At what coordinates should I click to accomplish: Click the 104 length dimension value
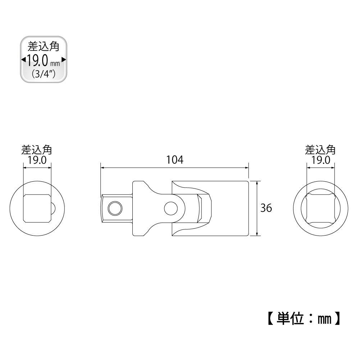coord(175,160)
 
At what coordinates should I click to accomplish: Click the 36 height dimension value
coord(266,208)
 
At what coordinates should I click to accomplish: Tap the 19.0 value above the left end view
coord(37,160)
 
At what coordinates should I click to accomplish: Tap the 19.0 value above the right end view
coord(321,160)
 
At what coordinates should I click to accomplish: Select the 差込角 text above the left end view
coord(37,150)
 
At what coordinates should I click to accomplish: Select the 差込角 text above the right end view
coord(320,150)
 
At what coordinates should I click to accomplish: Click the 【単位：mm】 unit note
coord(304,318)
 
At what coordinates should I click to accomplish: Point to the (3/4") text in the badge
coord(44,74)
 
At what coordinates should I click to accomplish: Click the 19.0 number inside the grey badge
coord(38,61)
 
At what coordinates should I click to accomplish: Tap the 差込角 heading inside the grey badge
coord(44,46)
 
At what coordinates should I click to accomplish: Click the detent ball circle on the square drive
coord(115,209)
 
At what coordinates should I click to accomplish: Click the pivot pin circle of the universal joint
coord(171,209)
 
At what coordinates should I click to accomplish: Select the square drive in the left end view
coord(37,208)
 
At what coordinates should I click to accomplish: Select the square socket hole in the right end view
coord(321,208)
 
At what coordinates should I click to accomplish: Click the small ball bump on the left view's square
coord(53,209)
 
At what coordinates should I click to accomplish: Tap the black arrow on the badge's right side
coord(64,60)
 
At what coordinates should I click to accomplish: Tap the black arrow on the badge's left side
coord(23,60)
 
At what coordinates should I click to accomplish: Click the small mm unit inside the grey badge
coord(55,64)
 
